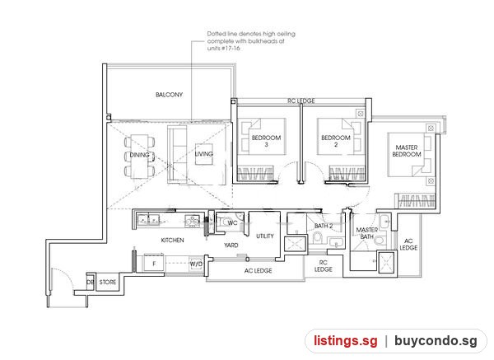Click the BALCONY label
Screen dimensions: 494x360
(169, 95)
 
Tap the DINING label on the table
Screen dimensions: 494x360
(140, 155)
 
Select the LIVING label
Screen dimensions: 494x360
(204, 154)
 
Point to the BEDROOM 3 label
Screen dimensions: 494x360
(266, 141)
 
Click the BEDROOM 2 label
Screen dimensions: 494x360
(336, 141)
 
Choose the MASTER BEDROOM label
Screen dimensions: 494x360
(407, 151)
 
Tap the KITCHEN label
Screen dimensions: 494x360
(172, 241)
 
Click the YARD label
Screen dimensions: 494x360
(231, 245)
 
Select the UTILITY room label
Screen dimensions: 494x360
(265, 236)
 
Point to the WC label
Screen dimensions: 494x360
(232, 223)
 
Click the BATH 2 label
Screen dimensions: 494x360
(324, 226)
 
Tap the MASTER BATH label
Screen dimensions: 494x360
(367, 233)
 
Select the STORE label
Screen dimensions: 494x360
(108, 282)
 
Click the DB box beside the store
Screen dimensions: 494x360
(91, 282)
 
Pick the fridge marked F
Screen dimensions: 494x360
(154, 263)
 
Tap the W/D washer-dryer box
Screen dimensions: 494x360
(196, 264)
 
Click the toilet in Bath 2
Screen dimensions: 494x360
(317, 238)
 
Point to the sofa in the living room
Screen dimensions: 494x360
(177, 154)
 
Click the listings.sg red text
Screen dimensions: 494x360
(345, 341)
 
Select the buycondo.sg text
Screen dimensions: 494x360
(436, 341)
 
